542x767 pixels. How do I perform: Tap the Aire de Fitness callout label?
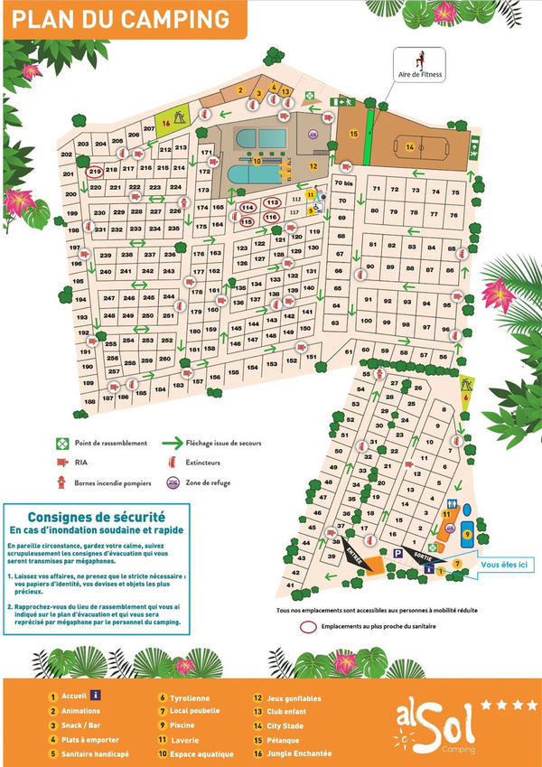420,75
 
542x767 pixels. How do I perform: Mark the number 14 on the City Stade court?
409,147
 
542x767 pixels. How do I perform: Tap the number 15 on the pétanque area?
354,134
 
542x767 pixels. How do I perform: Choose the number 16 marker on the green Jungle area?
166,123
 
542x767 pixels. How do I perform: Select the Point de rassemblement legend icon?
62,443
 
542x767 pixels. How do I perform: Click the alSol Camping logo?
443,724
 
